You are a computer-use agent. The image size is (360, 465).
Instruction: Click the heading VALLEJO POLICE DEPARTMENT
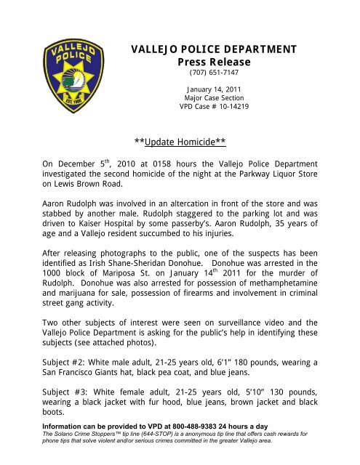coord(213,49)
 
